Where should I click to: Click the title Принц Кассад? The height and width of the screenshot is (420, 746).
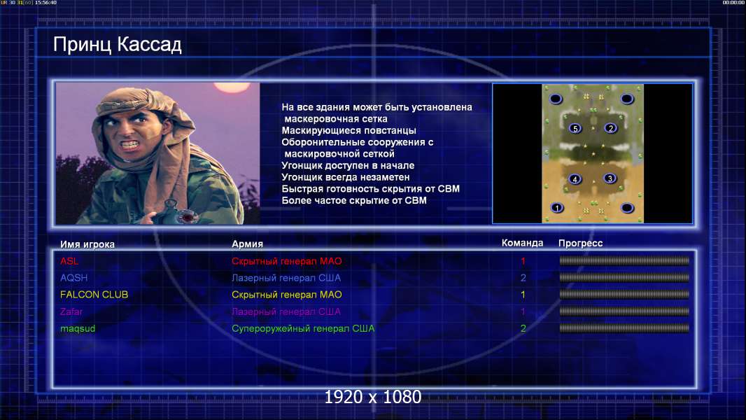point(117,45)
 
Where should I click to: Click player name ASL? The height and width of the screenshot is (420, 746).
point(69,261)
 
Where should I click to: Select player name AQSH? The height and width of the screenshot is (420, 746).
point(73,278)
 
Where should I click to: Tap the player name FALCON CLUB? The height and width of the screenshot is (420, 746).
point(94,295)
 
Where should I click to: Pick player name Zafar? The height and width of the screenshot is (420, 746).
point(71,312)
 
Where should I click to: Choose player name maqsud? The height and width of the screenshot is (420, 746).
point(78,329)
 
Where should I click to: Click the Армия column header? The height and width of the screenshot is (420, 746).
point(248,244)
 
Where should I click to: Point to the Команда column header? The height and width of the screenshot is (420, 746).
point(522,243)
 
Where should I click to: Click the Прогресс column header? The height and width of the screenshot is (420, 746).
point(580,244)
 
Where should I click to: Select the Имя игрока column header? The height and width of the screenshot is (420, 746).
point(87,244)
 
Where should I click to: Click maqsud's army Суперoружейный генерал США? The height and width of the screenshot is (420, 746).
point(303,329)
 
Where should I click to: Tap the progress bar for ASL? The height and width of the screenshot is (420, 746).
point(624,260)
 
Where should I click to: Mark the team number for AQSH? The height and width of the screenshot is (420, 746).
point(523,278)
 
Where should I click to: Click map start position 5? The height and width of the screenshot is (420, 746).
point(575,128)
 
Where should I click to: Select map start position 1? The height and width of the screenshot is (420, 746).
point(556,208)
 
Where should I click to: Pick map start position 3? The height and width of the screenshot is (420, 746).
point(610,178)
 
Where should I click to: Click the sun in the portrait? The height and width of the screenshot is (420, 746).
point(232,87)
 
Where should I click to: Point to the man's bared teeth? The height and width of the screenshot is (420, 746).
point(131,143)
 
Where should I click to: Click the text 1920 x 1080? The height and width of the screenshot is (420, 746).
point(373,397)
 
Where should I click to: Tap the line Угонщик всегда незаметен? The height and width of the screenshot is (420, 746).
point(346,177)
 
